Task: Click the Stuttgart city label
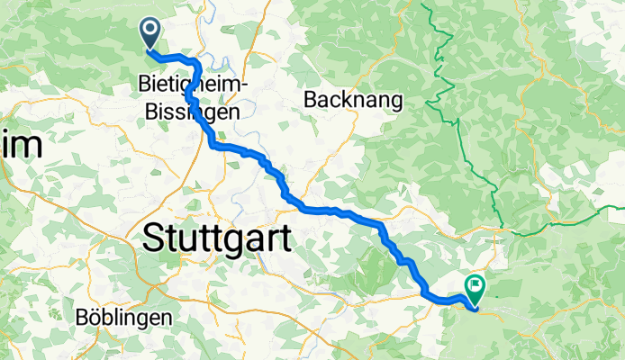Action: (x=218, y=240)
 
